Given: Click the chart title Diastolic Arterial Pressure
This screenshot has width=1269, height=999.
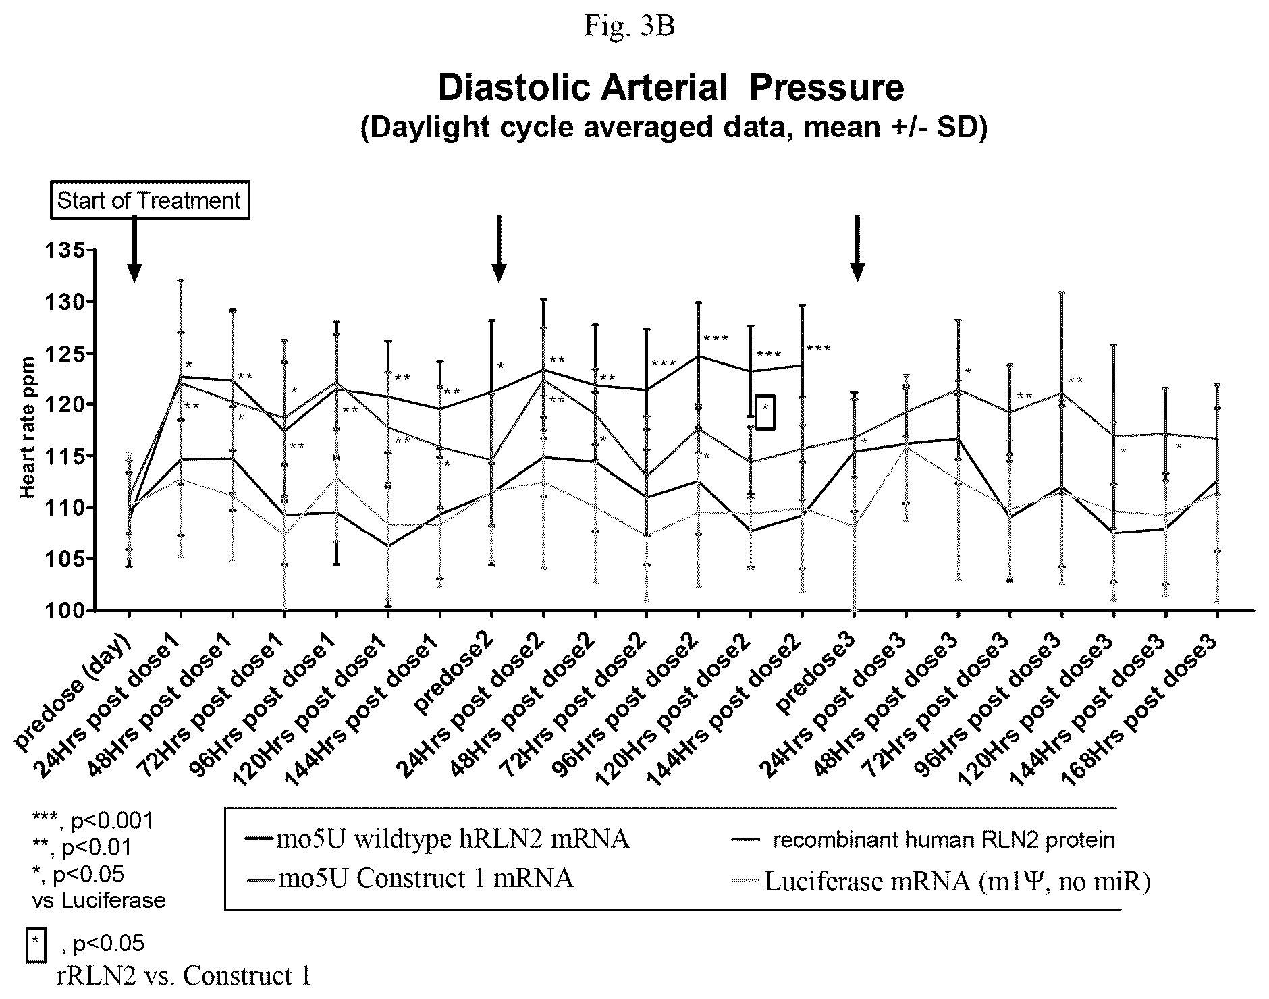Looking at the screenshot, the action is click(x=671, y=88).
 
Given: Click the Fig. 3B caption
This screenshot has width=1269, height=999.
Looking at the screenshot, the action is click(x=629, y=26).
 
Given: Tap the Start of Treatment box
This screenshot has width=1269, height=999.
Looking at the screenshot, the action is click(x=149, y=200).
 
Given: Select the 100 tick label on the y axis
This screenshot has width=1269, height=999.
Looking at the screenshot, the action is click(x=63, y=610).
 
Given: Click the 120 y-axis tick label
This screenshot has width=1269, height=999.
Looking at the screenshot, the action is click(x=63, y=404).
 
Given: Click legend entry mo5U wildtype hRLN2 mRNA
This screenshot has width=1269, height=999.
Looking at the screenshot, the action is click(x=437, y=839).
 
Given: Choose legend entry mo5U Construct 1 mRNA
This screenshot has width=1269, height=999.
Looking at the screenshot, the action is click(x=410, y=878).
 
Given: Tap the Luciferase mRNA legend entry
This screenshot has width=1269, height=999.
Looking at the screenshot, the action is click(x=940, y=881).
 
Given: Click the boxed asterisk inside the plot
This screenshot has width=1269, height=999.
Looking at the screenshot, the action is click(x=765, y=411).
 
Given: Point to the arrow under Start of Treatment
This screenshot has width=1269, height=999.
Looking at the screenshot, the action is click(x=134, y=250).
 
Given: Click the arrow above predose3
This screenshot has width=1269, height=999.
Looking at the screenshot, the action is click(x=857, y=248).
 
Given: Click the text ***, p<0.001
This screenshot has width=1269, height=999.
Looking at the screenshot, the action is click(x=93, y=821).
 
